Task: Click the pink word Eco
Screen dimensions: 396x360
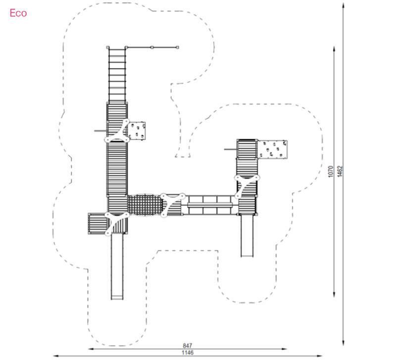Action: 18,13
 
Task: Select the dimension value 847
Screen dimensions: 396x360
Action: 188,345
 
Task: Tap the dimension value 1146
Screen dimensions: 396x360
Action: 188,353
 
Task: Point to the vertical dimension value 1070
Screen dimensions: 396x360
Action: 331,171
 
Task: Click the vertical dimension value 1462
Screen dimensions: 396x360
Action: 340,171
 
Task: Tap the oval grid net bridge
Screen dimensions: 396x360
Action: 145,205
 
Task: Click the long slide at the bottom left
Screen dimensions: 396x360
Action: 117,266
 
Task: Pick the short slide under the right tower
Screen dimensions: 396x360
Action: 247,236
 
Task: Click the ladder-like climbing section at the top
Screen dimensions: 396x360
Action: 117,75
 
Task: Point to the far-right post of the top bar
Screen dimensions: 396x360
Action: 178,47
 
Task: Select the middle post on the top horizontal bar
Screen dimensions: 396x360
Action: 152,47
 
